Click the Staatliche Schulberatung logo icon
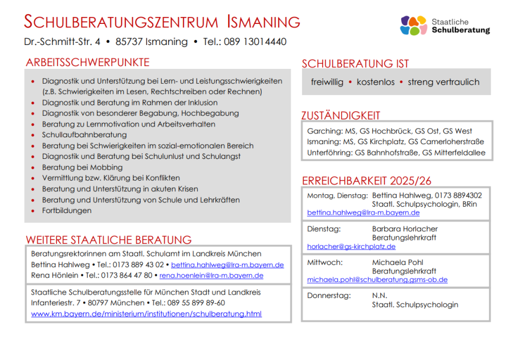point(414,25)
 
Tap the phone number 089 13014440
point(255,42)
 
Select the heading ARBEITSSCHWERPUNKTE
point(87,63)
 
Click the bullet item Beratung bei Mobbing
point(82,167)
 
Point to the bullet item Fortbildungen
point(67,211)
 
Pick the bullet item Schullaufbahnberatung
point(84,135)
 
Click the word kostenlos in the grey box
point(376,82)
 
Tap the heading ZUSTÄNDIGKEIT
point(340,116)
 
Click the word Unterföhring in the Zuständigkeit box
point(329,153)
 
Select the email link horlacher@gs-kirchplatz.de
point(351,247)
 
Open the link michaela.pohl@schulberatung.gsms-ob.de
point(377,280)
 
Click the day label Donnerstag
point(328,296)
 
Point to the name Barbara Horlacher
point(405,229)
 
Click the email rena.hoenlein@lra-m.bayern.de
point(211,276)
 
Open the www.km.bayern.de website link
point(146,314)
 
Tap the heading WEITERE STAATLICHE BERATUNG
point(108,240)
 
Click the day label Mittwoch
point(325,263)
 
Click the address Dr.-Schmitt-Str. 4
point(62,42)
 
